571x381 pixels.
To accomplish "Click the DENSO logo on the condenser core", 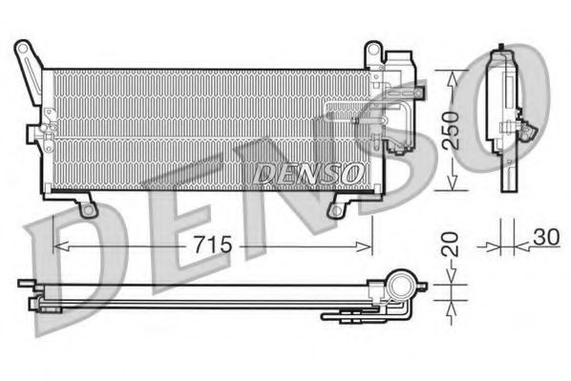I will pos(308,172).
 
